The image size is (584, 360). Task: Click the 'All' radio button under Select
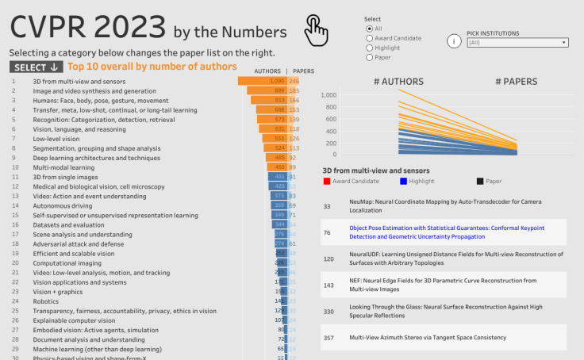coord(369,28)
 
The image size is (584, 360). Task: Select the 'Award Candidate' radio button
coord(369,37)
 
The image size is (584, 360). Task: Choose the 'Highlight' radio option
coord(369,48)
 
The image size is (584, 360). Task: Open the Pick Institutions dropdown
coord(518,43)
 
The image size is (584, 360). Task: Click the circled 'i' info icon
coord(455,41)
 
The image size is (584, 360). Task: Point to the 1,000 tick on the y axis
coord(328,94)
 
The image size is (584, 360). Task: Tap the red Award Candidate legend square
coord(327,182)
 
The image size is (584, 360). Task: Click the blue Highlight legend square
coord(404,182)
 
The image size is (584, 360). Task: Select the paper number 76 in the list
coord(327,232)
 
